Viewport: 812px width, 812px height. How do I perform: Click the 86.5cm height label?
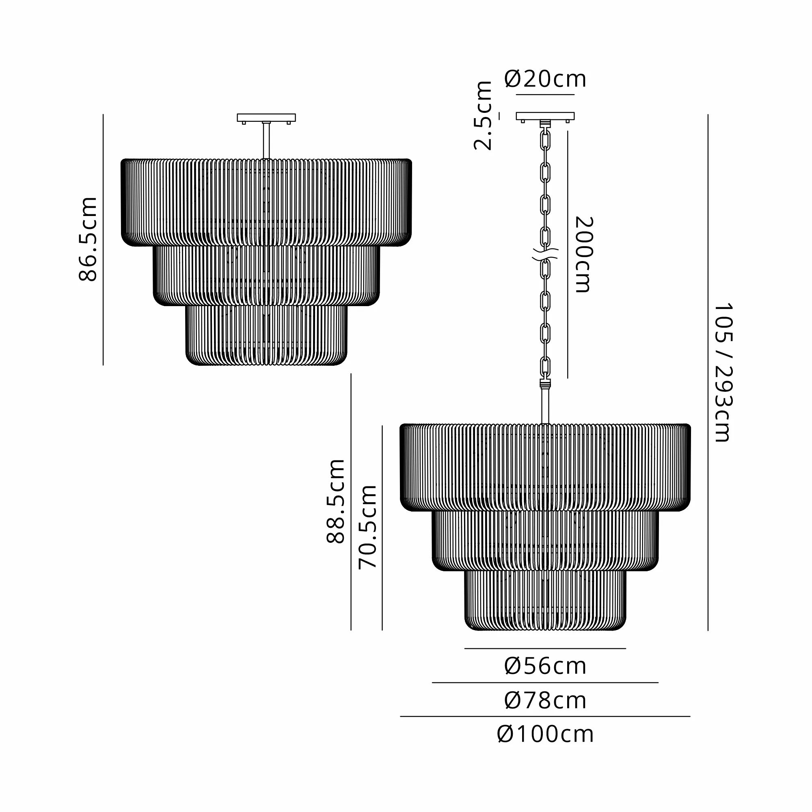(x=88, y=238)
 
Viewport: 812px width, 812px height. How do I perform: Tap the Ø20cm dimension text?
(x=545, y=79)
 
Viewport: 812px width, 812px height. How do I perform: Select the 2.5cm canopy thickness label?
(x=483, y=116)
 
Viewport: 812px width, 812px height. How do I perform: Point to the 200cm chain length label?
(x=583, y=254)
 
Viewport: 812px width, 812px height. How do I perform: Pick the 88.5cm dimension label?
(x=336, y=501)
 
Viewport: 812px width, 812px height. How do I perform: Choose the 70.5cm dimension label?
(x=368, y=527)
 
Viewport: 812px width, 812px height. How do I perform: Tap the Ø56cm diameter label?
(x=545, y=666)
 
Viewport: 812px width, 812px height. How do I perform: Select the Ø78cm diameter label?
(x=545, y=701)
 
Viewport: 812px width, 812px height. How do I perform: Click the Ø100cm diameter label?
(x=545, y=734)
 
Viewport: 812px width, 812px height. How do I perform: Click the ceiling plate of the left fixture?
(x=266, y=118)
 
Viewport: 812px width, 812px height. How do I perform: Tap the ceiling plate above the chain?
(x=545, y=117)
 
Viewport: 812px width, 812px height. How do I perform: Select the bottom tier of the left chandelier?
(x=266, y=334)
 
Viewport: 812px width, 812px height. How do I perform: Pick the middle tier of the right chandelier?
(x=545, y=540)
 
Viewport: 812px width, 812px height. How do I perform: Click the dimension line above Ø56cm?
(x=545, y=648)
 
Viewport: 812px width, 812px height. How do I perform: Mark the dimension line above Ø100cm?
(x=545, y=717)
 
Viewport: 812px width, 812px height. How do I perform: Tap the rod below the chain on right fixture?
(x=545, y=406)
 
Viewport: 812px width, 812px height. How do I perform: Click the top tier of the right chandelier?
(x=545, y=466)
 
